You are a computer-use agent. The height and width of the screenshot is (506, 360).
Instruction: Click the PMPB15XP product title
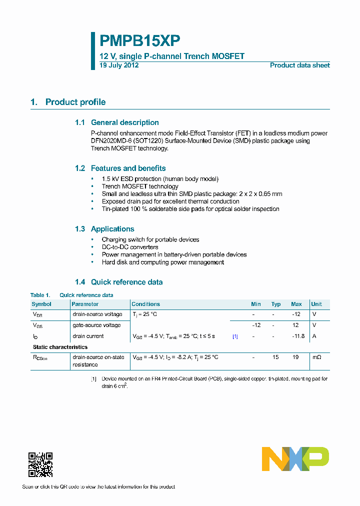point(139,40)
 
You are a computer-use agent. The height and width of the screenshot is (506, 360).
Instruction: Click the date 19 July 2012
point(119,65)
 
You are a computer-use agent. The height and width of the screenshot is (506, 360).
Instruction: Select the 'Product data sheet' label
point(299,65)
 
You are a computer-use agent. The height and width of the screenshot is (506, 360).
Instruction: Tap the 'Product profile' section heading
point(75,102)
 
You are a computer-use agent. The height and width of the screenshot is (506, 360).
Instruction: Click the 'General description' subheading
point(124,122)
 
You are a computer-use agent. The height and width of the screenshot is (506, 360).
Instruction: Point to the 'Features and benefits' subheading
point(128,168)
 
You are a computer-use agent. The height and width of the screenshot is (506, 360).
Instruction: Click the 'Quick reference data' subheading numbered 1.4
point(126,282)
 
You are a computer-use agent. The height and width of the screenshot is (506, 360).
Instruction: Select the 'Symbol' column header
point(41,304)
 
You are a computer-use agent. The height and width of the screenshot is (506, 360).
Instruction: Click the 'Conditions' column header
point(145,304)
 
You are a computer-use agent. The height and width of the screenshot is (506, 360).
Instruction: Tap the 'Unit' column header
point(316,304)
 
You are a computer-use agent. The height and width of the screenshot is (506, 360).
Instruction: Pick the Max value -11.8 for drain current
point(298,336)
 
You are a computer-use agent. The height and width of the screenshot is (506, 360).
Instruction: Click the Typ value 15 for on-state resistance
point(275,357)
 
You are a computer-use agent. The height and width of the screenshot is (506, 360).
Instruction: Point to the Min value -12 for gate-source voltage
point(256,325)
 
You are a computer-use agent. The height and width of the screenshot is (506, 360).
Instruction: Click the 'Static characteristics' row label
point(60,347)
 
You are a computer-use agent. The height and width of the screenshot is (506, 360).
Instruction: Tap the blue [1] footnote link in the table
point(235,336)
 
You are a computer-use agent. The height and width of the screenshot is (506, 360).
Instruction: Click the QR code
point(40,464)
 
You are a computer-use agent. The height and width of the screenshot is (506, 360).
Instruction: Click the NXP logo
point(295,459)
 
